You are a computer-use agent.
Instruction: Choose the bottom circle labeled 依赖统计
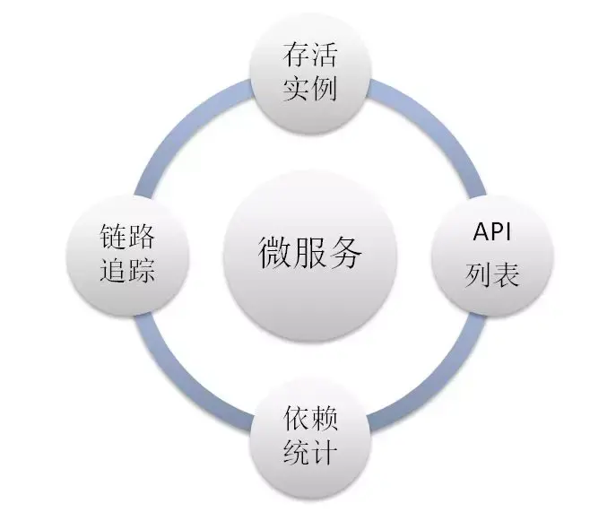click(310, 434)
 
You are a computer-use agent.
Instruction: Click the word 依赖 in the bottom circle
click(310, 419)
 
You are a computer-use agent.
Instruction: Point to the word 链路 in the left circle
click(127, 238)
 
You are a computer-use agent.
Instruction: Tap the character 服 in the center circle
click(309, 254)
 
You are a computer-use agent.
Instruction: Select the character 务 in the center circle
click(346, 254)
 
